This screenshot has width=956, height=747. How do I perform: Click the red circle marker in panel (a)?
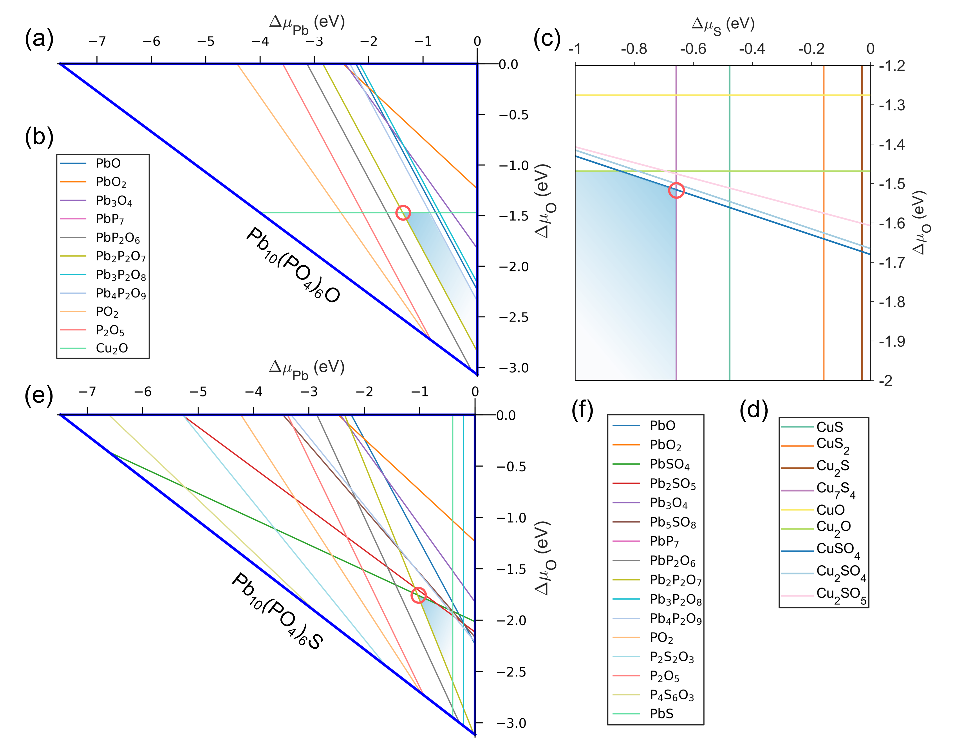tap(403, 213)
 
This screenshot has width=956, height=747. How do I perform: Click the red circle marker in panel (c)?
tap(676, 190)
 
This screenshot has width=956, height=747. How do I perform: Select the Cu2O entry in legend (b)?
tap(112, 349)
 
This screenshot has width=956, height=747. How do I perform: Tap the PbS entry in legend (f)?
tap(661, 714)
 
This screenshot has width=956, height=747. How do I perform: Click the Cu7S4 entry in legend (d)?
tap(835, 490)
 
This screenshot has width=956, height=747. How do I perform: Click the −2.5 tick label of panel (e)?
tap(511, 672)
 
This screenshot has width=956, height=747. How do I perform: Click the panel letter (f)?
tap(582, 411)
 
